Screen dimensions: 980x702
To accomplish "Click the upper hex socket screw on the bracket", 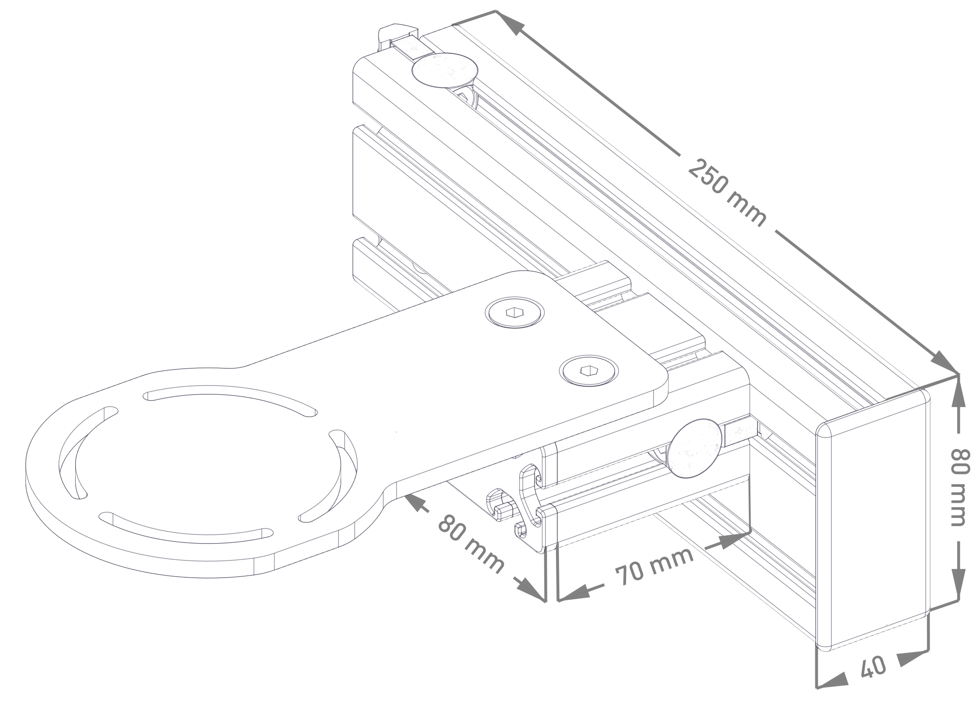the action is [x=514, y=312].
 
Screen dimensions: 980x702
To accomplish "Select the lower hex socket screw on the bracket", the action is [x=588, y=370].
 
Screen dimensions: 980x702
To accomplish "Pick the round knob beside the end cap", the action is [x=695, y=448].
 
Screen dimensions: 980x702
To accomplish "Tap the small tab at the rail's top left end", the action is [x=398, y=34].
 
